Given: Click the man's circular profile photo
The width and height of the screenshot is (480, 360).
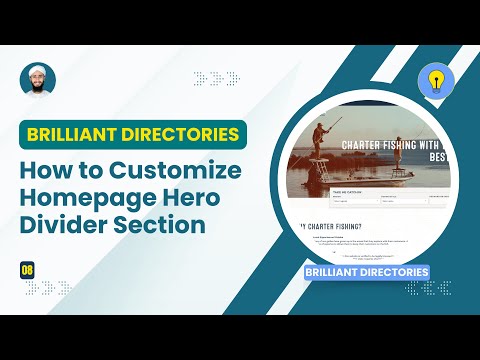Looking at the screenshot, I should (x=38, y=80).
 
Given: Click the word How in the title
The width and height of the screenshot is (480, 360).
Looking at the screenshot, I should (x=48, y=170).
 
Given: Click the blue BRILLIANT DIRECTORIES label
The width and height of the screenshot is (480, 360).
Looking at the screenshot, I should (x=367, y=271).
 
